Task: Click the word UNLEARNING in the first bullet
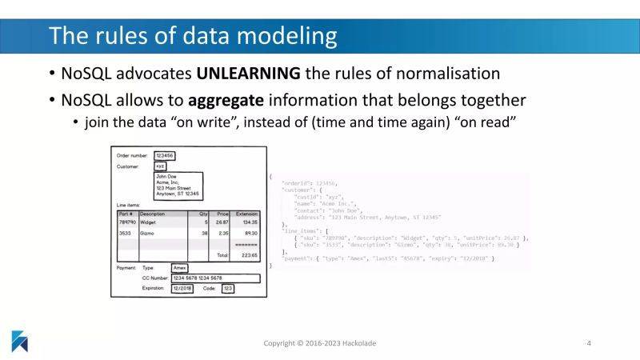click(x=248, y=74)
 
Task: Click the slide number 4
click(x=589, y=343)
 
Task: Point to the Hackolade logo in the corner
click(x=19, y=340)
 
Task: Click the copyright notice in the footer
click(x=320, y=343)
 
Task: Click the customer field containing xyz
click(x=160, y=167)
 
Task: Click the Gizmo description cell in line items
click(x=150, y=233)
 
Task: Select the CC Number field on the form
click(x=203, y=278)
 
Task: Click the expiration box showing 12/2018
click(x=183, y=288)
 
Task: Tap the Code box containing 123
click(x=227, y=288)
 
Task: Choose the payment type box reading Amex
click(x=180, y=267)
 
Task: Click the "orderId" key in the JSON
click(x=298, y=183)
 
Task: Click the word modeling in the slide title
click(x=279, y=36)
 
